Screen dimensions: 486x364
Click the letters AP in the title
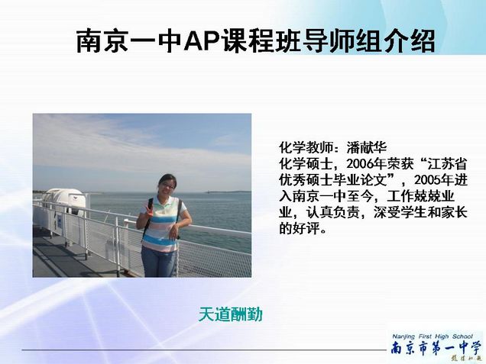pyautogui.click(x=201, y=40)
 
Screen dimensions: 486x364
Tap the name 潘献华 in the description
pyautogui.click(x=366, y=147)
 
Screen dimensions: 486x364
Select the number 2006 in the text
pyautogui.click(x=360, y=164)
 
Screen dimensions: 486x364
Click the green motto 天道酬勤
pyautogui.click(x=230, y=314)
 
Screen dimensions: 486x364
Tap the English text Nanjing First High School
pyautogui.click(x=433, y=337)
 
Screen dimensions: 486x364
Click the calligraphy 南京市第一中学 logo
pyautogui.click(x=436, y=349)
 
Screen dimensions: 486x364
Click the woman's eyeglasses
pyautogui.click(x=167, y=186)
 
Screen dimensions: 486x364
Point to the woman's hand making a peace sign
pyautogui.click(x=147, y=211)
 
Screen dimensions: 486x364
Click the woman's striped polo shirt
pyautogui.click(x=164, y=224)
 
